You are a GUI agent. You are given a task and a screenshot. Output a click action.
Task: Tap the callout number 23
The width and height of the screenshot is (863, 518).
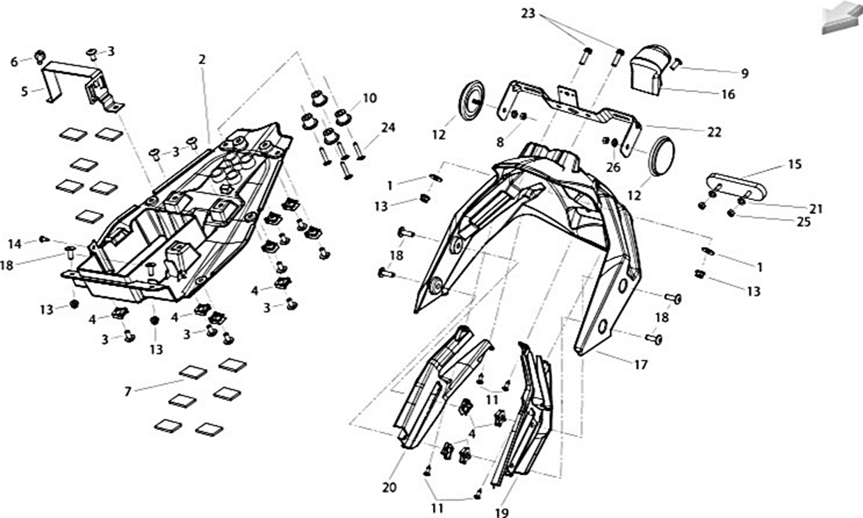528,13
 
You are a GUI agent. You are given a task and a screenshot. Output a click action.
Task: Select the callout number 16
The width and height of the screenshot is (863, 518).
728,94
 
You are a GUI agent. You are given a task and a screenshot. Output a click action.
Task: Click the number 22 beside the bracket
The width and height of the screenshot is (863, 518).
714,132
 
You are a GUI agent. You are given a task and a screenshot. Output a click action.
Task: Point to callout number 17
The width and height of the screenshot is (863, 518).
641,365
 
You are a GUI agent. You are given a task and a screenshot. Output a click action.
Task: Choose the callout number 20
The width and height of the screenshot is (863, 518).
390,487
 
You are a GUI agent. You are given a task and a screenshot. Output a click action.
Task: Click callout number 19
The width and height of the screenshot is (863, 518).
502,513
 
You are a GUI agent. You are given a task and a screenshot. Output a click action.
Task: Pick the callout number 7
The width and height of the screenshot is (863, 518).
128,392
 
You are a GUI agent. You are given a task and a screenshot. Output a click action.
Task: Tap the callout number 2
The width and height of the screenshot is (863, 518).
202,59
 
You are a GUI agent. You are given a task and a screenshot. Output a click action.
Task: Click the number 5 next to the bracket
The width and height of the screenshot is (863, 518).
24,92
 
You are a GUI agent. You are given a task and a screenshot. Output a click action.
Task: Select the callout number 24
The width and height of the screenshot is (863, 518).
388,128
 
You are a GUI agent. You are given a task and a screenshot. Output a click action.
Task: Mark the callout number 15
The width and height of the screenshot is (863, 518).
795,165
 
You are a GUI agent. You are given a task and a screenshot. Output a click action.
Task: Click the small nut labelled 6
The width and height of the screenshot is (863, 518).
40,57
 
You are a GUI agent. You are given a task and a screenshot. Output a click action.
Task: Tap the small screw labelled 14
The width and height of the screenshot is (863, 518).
45,239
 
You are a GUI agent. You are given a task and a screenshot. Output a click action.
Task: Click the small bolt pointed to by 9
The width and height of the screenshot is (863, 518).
677,63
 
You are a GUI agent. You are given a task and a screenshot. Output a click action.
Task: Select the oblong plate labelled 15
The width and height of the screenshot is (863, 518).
736,187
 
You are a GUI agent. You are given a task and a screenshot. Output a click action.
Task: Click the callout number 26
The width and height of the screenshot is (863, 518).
613,167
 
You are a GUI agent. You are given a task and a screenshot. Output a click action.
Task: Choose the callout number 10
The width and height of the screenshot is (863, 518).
369,98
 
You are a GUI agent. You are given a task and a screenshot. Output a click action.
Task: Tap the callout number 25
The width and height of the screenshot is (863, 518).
804,222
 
